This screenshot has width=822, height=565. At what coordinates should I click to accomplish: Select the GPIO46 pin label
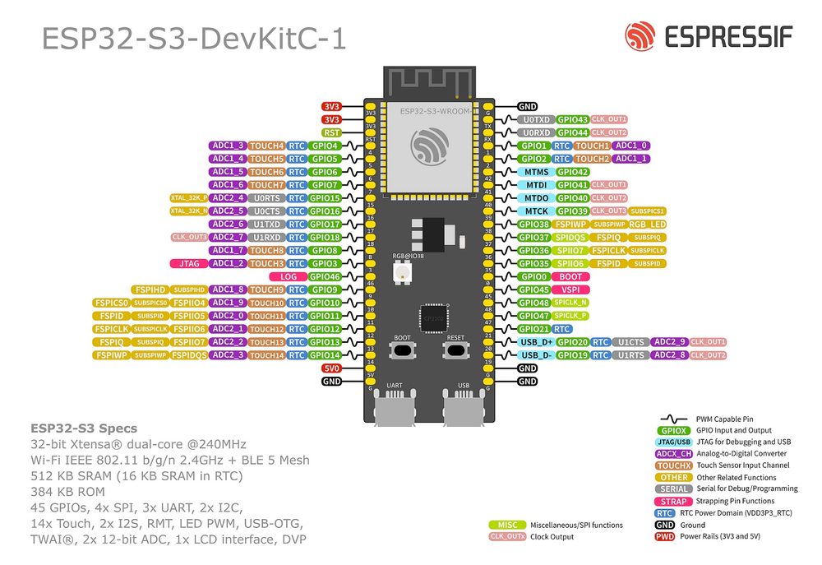[325, 276]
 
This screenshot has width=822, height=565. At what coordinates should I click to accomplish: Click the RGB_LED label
[648, 224]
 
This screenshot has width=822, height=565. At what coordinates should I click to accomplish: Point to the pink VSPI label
[570, 289]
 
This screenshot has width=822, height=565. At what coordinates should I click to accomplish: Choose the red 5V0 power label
[332, 368]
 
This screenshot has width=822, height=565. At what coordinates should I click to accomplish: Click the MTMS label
[536, 172]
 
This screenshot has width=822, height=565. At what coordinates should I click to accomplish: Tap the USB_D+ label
[536, 342]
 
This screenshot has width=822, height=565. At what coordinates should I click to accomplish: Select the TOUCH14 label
[266, 355]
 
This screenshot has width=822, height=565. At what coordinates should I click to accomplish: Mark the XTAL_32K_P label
[187, 198]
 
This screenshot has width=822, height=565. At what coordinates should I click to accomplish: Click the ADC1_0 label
[631, 146]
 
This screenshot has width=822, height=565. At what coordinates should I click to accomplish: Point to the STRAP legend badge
[672, 501]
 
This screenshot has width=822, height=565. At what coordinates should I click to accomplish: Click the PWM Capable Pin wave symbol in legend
[672, 419]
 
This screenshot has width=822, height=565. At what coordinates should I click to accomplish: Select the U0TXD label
[536, 119]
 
